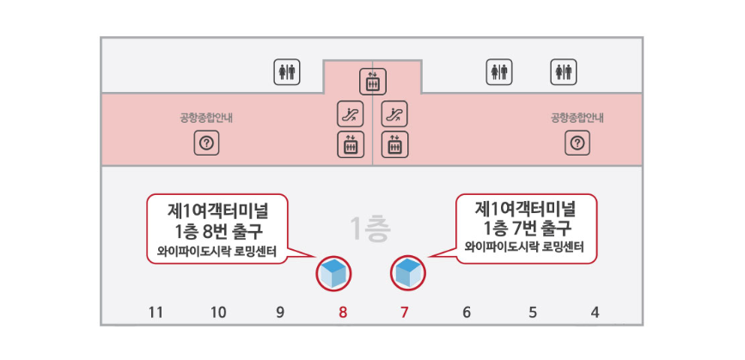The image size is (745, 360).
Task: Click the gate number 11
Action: (x=156, y=313)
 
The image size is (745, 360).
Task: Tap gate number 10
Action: (x=218, y=313)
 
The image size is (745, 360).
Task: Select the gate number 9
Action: (x=280, y=313)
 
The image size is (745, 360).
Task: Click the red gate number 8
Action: (x=343, y=313)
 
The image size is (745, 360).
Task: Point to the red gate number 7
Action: (x=405, y=313)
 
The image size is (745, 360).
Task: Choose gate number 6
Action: (x=467, y=313)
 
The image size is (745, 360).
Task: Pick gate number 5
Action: (x=532, y=313)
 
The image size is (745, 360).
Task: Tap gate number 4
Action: (x=595, y=313)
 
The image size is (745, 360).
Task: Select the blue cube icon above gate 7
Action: (x=408, y=273)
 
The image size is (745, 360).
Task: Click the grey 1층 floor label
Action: (x=371, y=229)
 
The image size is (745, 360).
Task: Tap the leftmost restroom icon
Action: (x=286, y=71)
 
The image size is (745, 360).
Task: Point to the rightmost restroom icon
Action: (x=563, y=71)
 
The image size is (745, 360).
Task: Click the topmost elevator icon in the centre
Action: (x=373, y=81)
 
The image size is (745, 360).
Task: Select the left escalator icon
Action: (x=350, y=113)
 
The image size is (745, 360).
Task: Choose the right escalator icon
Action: (x=394, y=113)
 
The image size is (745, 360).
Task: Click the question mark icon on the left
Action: (x=206, y=143)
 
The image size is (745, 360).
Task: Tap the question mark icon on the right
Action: (x=577, y=143)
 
